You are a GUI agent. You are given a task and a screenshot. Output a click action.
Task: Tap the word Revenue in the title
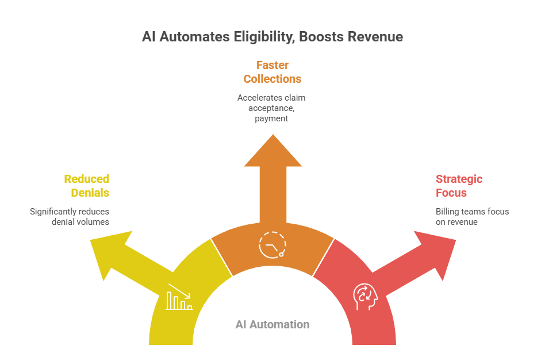(377, 37)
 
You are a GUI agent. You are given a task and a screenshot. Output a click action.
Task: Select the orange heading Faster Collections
(272, 71)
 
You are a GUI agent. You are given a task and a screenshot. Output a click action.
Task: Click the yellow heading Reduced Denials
(87, 186)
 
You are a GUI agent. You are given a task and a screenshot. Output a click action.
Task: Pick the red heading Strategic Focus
(459, 186)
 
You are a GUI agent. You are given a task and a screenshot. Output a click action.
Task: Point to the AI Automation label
(272, 324)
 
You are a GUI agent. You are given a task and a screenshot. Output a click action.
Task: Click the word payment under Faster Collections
(272, 118)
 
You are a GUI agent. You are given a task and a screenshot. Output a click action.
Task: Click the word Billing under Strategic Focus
(447, 212)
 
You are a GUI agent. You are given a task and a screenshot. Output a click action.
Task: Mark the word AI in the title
(149, 37)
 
